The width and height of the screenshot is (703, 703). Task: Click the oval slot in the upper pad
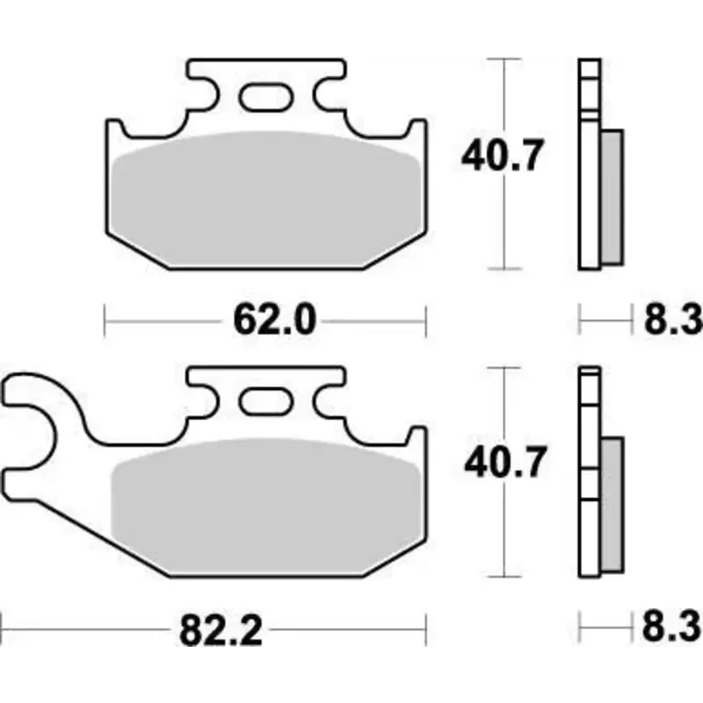(x=265, y=96)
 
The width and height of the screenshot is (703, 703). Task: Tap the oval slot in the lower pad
(x=265, y=402)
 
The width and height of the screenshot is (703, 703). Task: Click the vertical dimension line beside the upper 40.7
(x=503, y=220)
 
